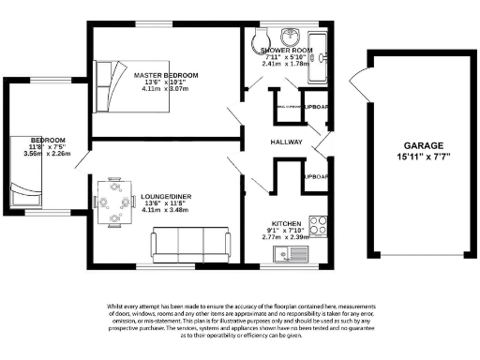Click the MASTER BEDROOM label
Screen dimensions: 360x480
(166, 74)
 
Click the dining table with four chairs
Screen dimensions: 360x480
(114, 202)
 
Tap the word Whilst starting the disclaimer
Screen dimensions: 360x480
(117, 307)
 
